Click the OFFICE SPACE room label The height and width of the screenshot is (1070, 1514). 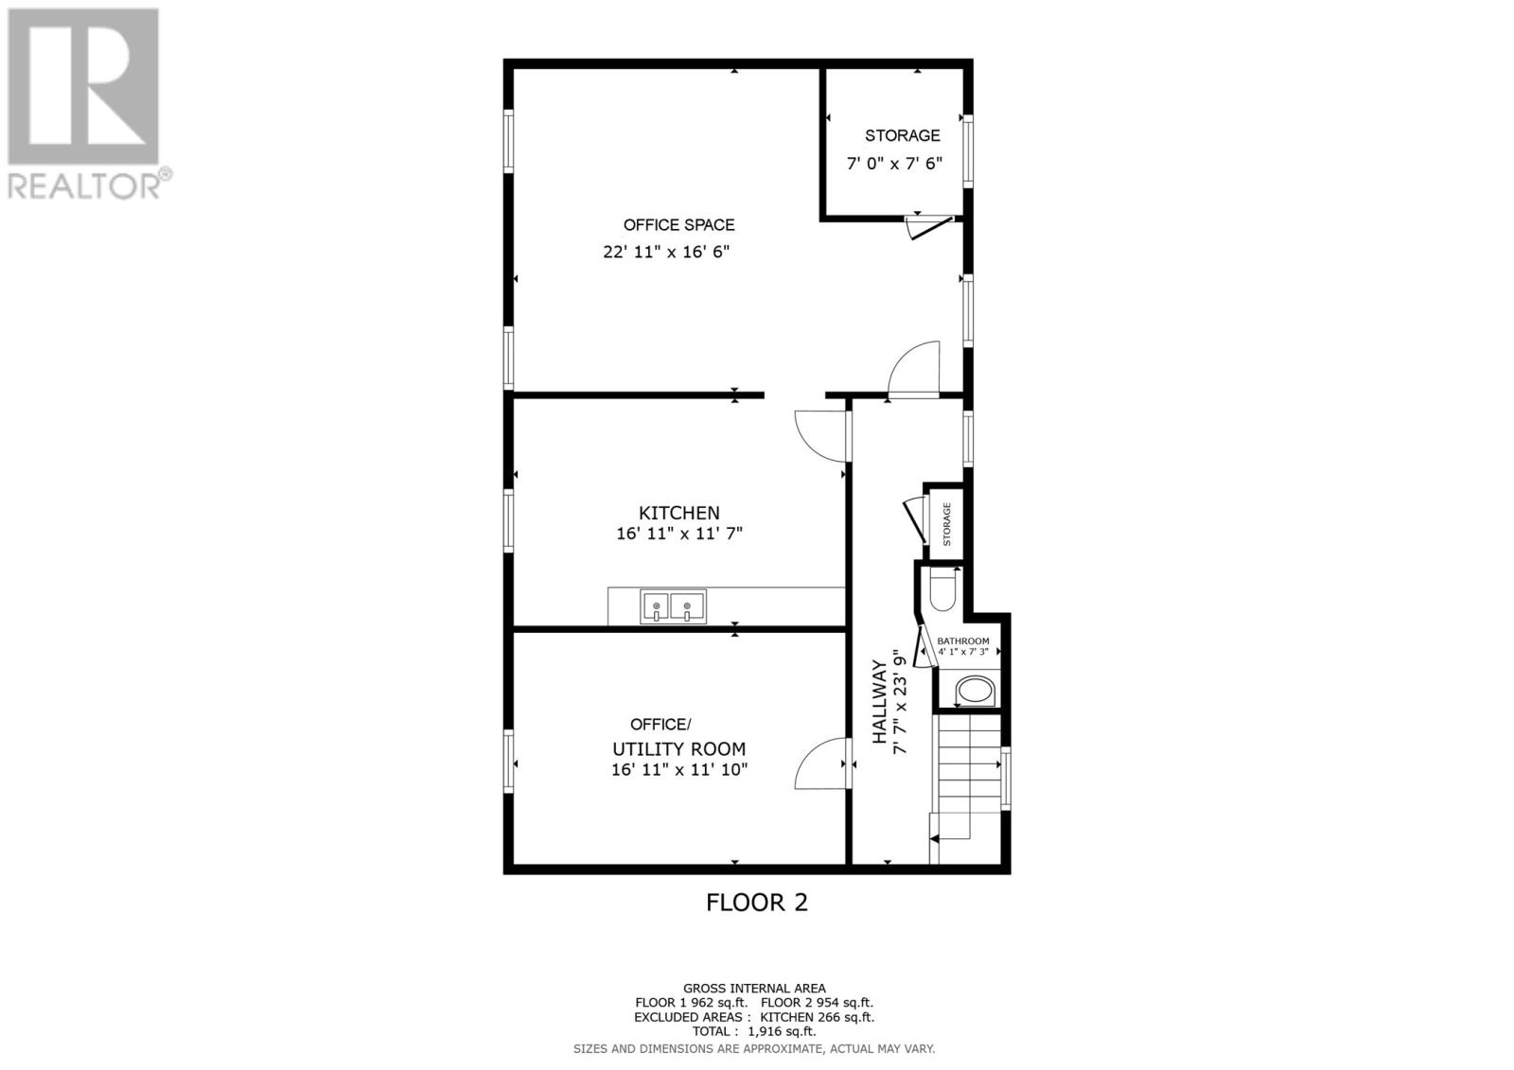(678, 225)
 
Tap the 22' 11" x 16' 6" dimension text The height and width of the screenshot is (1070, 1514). (667, 253)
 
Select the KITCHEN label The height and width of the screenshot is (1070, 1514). (678, 513)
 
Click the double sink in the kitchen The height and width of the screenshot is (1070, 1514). (674, 606)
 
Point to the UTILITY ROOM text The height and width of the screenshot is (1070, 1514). (678, 749)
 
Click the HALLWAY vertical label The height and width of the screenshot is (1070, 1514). (879, 701)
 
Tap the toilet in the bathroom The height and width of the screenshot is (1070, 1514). (944, 591)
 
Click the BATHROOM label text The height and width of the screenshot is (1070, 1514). (963, 641)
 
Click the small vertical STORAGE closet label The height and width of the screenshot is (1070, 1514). (946, 524)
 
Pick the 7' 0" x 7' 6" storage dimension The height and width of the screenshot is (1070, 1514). (894, 164)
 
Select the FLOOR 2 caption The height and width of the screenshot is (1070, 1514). (757, 903)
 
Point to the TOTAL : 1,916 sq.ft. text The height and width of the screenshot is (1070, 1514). (754, 1032)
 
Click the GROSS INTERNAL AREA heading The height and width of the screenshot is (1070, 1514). (754, 989)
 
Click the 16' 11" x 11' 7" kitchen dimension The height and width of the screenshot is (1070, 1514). (678, 535)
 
